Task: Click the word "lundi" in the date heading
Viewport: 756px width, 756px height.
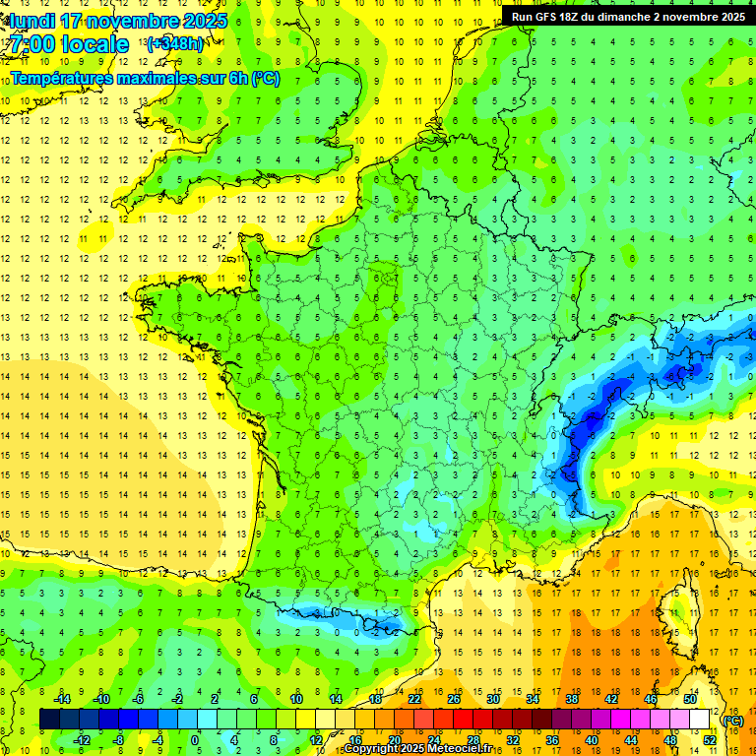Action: (33, 21)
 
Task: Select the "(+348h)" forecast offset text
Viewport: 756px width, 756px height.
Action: (175, 44)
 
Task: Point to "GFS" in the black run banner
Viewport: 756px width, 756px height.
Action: (552, 17)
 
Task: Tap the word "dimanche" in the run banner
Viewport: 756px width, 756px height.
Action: (637, 17)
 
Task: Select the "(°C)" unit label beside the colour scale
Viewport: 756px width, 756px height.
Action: (731, 720)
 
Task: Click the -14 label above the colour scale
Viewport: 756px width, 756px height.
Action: (63, 699)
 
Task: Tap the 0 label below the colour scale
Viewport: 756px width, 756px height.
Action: (195, 740)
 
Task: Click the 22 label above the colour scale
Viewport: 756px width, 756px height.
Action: (414, 699)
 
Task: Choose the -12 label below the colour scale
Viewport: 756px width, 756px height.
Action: (84, 740)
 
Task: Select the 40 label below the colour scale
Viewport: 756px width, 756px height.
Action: (591, 740)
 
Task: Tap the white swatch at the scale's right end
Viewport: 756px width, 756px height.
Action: (700, 720)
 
